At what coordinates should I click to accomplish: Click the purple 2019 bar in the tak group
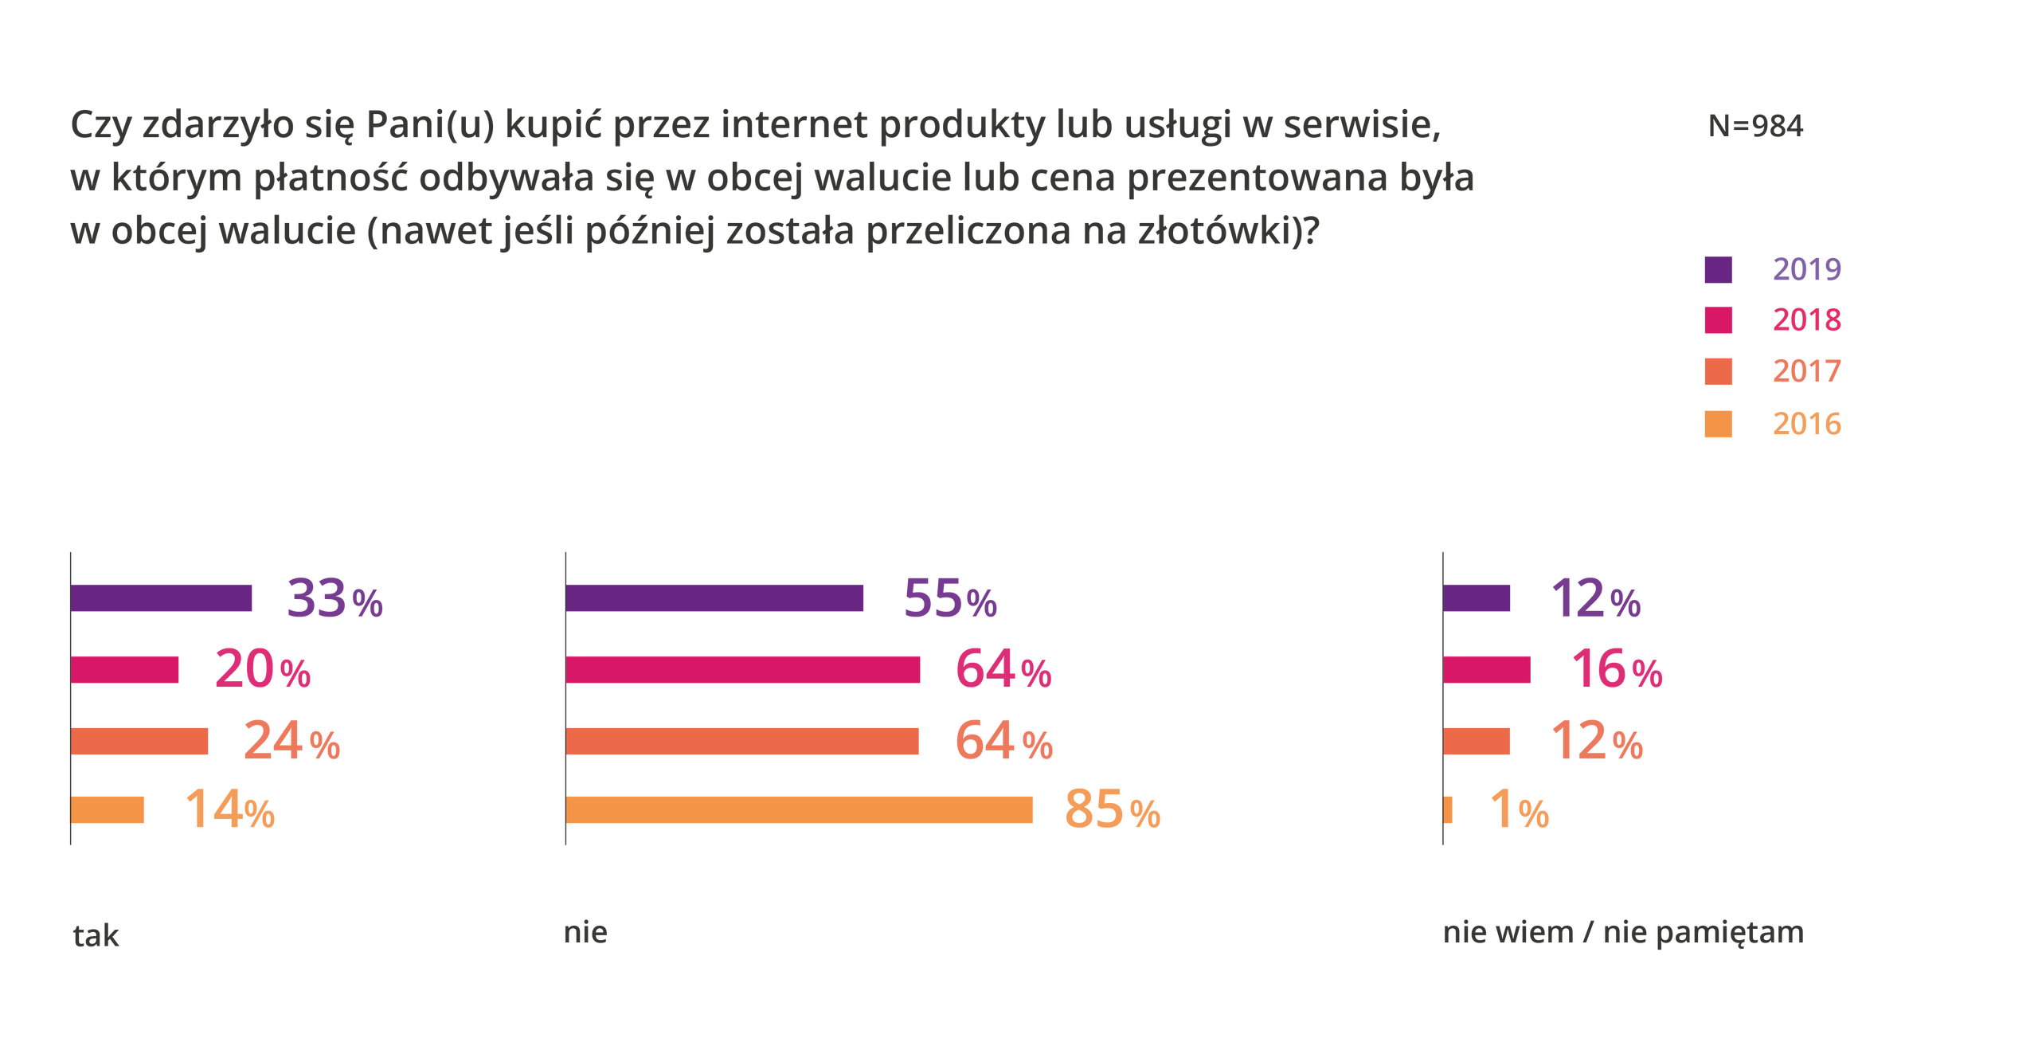162,598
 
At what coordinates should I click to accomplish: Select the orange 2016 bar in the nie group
800,810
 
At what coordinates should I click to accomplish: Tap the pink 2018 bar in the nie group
743,670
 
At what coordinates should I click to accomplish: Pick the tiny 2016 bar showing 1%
1449,810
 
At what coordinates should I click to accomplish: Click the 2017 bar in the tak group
140,741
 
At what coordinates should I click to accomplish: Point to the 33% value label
334,598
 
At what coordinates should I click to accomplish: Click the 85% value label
1112,810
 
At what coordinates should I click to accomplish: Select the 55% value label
950,599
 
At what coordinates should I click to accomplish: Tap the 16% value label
1616,670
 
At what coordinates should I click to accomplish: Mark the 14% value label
229,810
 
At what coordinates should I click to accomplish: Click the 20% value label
262,670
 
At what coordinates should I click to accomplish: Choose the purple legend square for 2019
1718,269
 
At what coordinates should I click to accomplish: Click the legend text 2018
1806,320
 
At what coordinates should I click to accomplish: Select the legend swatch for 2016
1718,424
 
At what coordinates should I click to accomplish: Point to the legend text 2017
1806,371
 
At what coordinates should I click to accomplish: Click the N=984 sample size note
1755,127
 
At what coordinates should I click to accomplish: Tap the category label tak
96,935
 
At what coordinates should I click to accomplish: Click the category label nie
585,932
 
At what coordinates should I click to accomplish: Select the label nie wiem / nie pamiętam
1622,933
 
